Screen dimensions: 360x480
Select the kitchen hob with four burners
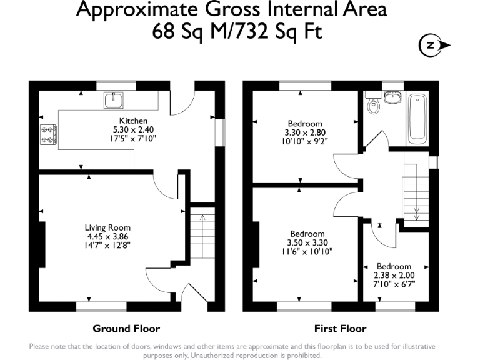(x=49, y=134)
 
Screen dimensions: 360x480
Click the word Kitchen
(x=134, y=121)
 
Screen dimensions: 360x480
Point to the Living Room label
(x=108, y=227)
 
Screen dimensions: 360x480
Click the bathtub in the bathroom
(x=417, y=118)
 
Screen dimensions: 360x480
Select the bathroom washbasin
(x=394, y=97)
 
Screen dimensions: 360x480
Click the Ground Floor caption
(x=126, y=329)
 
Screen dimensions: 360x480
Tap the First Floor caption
(x=341, y=329)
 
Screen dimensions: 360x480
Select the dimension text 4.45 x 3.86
(x=108, y=237)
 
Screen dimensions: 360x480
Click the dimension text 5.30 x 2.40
(x=134, y=129)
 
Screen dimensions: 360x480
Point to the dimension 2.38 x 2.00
(x=394, y=274)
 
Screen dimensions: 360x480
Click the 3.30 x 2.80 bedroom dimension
(x=305, y=132)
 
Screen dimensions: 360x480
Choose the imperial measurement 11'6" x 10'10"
(x=306, y=252)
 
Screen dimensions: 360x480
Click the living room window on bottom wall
(x=101, y=307)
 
